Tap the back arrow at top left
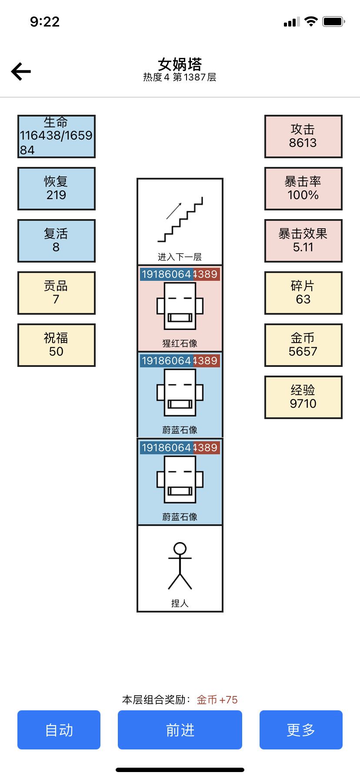click(21, 72)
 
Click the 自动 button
click(59, 730)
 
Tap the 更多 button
click(301, 730)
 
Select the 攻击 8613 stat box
click(303, 136)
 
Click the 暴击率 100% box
click(303, 188)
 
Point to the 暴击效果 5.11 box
click(303, 240)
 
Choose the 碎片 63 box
click(303, 293)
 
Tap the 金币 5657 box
click(303, 345)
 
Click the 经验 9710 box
click(303, 397)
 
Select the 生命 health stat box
click(56, 136)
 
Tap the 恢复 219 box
click(56, 188)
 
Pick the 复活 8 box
click(56, 240)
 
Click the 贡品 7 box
click(56, 293)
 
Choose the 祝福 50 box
click(56, 345)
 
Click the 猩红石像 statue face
click(180, 306)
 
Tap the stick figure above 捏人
click(180, 566)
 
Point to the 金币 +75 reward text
click(217, 699)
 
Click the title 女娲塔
click(180, 64)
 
